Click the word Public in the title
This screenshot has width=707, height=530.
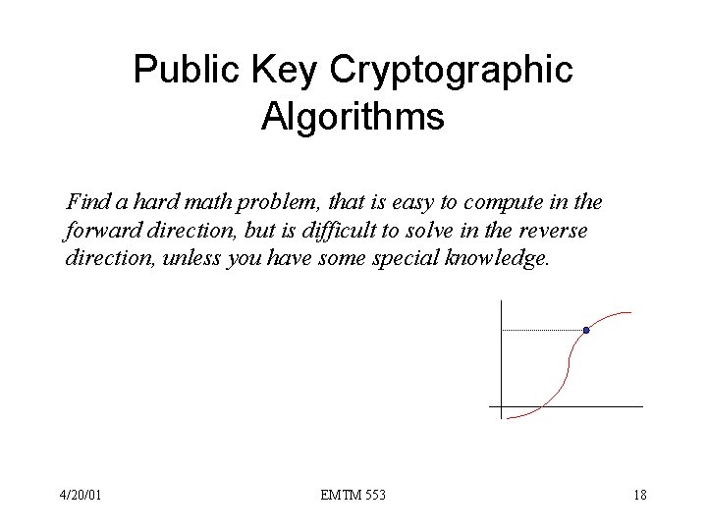point(181,70)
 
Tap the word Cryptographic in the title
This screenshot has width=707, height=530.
point(453,70)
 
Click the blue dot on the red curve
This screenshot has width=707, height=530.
point(586,331)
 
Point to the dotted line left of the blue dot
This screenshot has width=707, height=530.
point(540,331)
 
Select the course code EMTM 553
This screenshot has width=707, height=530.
point(353,495)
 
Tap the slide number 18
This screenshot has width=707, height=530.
point(639,495)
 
